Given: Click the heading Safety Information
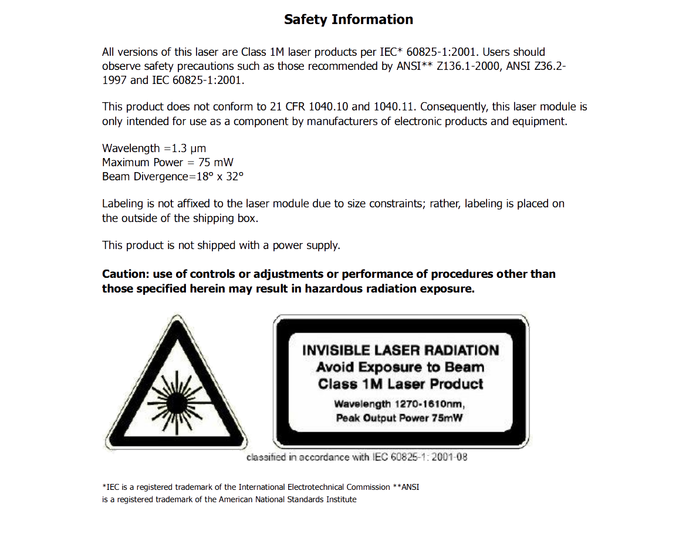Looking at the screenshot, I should [x=348, y=19].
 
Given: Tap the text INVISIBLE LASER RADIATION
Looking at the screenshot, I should [x=400, y=351].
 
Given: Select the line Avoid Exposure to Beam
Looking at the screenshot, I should [x=400, y=368].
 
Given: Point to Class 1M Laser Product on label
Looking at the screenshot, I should [x=400, y=385].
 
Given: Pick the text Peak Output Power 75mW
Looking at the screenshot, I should [x=399, y=418].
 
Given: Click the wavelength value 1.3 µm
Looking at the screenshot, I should [x=188, y=148].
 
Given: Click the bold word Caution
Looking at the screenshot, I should [x=125, y=274].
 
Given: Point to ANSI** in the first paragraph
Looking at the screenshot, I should [x=413, y=66].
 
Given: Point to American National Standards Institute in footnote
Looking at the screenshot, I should [x=288, y=499].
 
